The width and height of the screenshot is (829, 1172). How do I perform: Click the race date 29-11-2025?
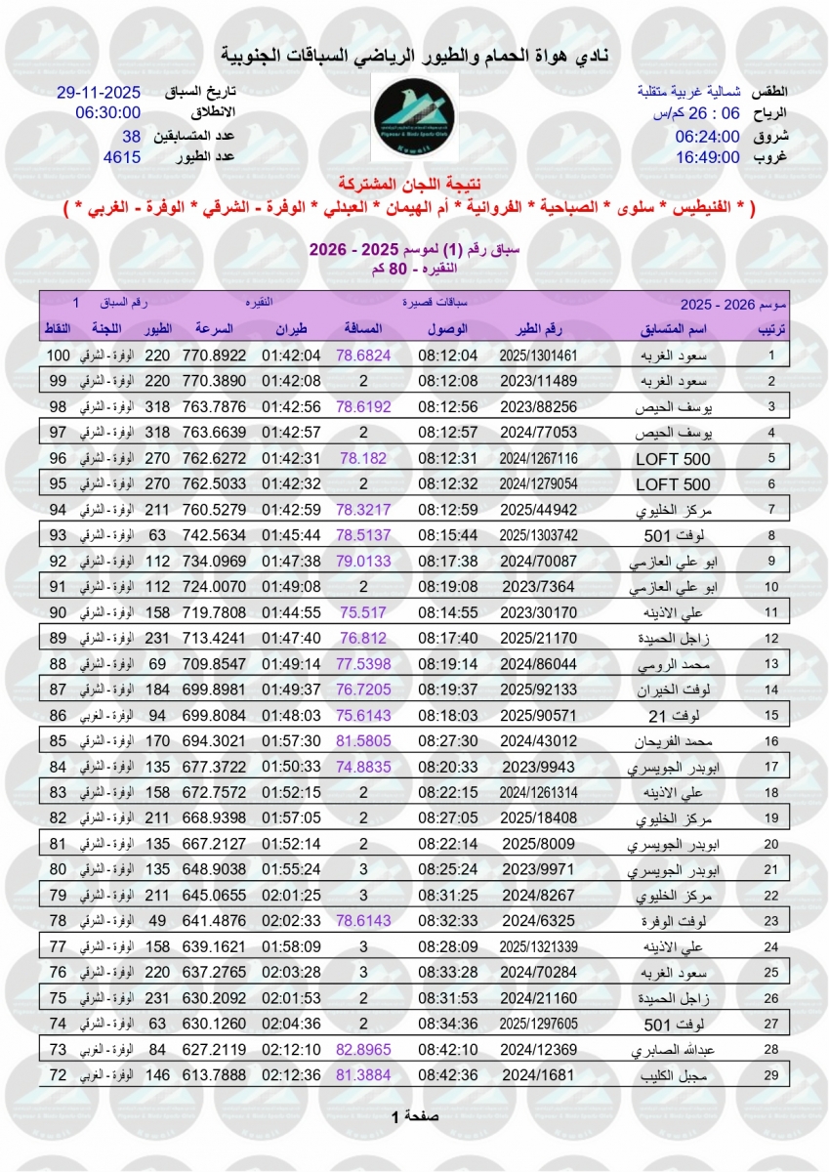point(101,93)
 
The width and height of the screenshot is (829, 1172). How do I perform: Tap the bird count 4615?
point(123,154)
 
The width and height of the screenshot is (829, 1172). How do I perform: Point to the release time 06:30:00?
point(108,113)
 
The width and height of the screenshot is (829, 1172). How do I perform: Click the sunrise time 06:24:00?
point(708,135)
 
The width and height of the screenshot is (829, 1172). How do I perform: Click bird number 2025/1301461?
point(540,356)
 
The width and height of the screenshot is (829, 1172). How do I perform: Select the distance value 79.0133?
point(363,561)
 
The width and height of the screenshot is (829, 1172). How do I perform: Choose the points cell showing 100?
point(61,355)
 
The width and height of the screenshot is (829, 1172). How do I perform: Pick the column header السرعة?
point(215,328)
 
